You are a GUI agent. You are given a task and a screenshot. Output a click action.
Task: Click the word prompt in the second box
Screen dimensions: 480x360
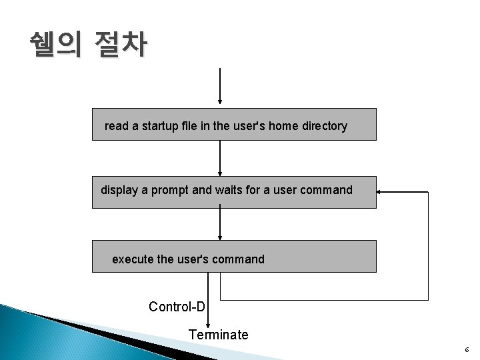point(169,190)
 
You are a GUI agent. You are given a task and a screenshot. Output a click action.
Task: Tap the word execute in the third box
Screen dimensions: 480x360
point(133,259)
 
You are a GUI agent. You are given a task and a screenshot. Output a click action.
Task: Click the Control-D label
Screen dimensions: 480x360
point(177,307)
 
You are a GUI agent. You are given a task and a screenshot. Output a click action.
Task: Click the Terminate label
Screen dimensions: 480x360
point(218,335)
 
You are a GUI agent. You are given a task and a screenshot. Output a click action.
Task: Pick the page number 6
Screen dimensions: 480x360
point(467,350)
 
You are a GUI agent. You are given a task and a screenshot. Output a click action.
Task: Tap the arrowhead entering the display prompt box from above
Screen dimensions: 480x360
point(220,172)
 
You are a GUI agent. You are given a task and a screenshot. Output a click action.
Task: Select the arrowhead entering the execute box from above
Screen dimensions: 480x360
point(220,236)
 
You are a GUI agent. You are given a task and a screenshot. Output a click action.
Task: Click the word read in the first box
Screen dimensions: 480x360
point(116,126)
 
